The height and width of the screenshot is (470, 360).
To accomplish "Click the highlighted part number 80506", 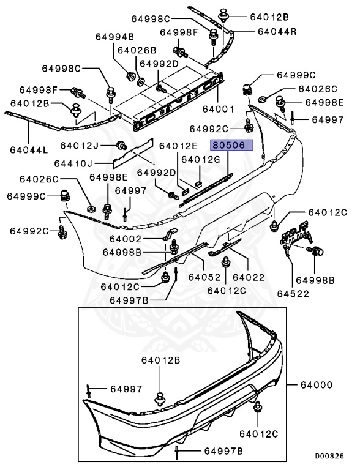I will pos(228,146).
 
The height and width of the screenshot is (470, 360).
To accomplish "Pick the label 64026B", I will pos(137,49).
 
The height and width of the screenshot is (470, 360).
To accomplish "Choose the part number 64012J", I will pos(80,145).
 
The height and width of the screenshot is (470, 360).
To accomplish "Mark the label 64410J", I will pos(72,163).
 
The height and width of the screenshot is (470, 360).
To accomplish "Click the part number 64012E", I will pos(178,146).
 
